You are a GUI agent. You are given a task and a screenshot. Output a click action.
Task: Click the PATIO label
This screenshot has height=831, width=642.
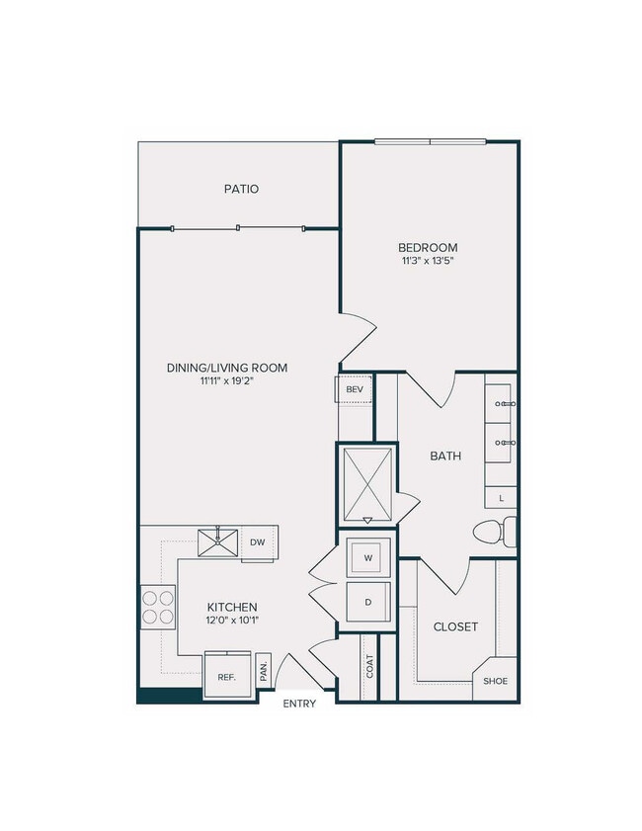240,188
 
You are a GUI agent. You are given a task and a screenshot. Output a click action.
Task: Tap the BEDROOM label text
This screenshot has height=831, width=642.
428,247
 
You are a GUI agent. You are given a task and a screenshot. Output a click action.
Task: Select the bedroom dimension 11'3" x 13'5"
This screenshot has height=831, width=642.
428,262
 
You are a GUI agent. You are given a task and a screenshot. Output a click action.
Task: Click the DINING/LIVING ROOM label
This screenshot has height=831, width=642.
227,368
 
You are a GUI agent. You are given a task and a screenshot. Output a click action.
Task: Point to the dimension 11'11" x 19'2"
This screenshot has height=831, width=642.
227,382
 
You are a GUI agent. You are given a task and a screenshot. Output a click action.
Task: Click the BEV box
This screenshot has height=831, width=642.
355,389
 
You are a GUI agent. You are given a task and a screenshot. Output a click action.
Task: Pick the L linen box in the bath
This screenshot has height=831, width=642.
502,497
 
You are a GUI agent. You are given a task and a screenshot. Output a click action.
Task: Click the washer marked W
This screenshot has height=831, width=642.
367,558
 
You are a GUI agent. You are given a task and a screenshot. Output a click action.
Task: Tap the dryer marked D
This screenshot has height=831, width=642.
367,601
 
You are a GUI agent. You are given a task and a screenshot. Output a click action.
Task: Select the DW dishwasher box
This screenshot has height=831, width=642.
257,542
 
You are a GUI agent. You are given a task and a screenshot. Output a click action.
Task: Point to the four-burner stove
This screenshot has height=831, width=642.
156,607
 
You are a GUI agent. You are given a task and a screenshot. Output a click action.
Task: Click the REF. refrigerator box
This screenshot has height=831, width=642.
226,677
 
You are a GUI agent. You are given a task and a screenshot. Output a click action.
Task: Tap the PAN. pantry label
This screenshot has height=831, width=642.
264,671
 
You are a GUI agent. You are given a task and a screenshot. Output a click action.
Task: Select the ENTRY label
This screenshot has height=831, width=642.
298,704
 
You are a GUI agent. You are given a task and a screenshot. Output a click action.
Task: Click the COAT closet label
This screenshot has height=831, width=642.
368,669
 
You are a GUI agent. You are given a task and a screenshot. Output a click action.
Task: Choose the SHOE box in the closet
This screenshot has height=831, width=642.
496,681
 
